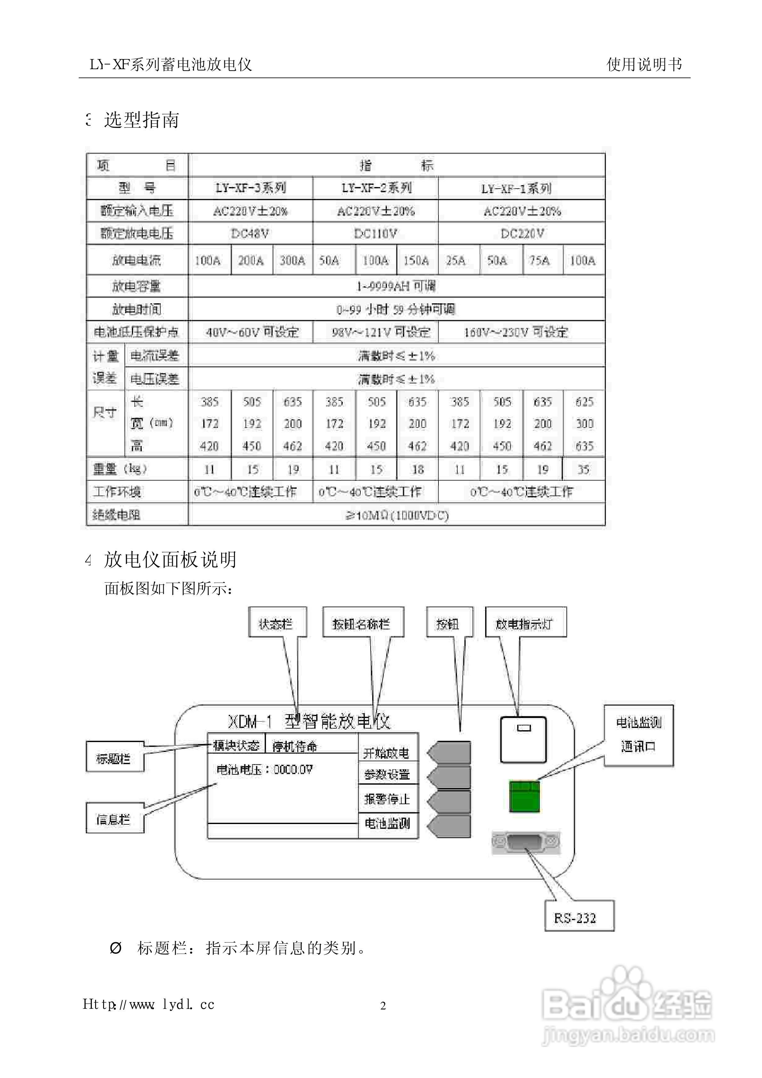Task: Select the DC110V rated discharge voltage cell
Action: point(375,233)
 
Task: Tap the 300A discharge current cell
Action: point(292,260)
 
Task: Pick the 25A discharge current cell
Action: point(456,260)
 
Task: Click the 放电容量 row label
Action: point(137,286)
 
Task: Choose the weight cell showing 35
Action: point(583,469)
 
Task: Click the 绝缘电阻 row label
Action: point(116,515)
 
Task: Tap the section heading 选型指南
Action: point(141,120)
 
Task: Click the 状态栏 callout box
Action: point(277,624)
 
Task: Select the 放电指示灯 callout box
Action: point(525,624)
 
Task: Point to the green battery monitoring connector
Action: point(524,796)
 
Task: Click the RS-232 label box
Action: point(579,918)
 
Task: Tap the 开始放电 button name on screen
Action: point(386,753)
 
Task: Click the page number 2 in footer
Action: point(383,1006)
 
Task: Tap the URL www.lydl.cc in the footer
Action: point(149,1004)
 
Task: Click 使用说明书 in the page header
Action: point(644,64)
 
